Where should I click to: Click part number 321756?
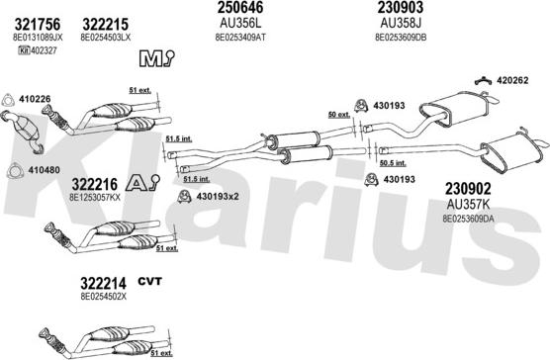[38, 25]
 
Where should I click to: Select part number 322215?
[106, 25]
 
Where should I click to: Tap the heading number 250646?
[240, 7]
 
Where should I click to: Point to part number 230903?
[401, 7]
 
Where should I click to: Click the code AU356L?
[240, 24]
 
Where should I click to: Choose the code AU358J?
[401, 24]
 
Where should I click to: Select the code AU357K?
[468, 204]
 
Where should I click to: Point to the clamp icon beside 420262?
[484, 81]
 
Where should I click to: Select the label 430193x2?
[218, 196]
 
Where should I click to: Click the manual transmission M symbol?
[156, 57]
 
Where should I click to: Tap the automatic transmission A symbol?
[142, 183]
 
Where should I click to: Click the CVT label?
[149, 281]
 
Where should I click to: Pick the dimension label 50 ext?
[339, 115]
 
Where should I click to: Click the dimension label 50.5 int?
[393, 163]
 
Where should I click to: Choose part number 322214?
[103, 283]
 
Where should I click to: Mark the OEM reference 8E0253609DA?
[468, 219]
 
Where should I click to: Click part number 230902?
[468, 189]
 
